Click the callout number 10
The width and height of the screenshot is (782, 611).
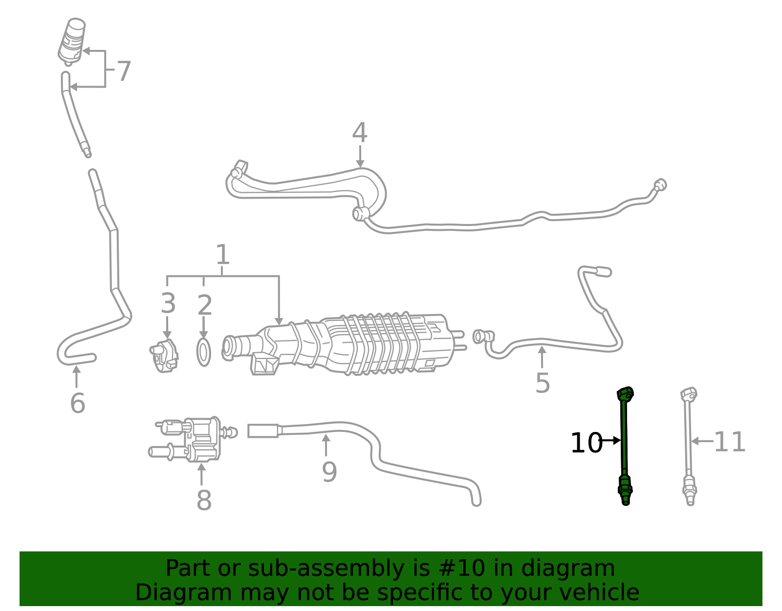click(586, 443)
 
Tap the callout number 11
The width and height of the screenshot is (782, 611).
click(729, 442)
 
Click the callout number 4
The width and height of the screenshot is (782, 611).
click(360, 133)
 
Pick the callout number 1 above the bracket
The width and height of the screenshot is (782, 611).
click(222, 255)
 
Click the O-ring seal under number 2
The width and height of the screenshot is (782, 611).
click(204, 352)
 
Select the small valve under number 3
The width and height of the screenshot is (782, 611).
click(164, 356)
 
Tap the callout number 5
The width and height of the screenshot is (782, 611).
click(543, 383)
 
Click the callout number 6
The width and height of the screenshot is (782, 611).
click(78, 404)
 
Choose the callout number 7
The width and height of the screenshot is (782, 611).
click(124, 72)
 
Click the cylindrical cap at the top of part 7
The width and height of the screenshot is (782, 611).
click(72, 40)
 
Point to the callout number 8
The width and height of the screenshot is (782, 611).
click(204, 500)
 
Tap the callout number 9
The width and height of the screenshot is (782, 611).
click(329, 472)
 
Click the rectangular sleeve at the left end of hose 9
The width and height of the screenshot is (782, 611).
click(263, 431)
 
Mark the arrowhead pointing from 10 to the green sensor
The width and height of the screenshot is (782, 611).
click(617, 440)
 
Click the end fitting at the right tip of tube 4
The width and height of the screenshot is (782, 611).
click(660, 185)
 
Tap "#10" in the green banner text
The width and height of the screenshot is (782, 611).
click(462, 568)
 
